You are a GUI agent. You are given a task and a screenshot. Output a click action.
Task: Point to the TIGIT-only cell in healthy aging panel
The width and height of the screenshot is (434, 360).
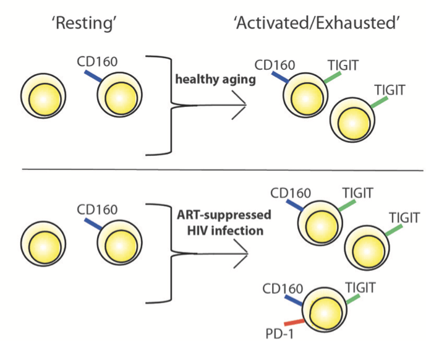pyautogui.click(x=352, y=120)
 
